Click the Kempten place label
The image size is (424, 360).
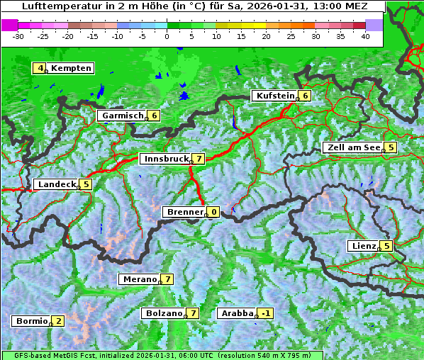pos(71,68)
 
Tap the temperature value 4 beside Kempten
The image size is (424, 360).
pos(40,68)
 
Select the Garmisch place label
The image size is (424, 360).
pos(123,116)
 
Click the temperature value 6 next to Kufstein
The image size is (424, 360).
pos(305,96)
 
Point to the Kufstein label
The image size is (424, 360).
pos(274,96)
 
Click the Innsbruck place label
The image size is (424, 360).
pos(165,159)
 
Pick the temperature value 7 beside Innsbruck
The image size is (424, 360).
pos(199,159)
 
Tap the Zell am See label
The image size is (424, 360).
pos(352,147)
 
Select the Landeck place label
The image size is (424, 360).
pos(55,184)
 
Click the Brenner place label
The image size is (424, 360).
pos(184,212)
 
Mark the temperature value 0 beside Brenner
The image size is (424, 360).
pos(213,212)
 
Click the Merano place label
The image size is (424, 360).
pos(138,279)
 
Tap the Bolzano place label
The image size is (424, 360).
pos(163,313)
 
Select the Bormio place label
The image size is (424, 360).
pos(31,321)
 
